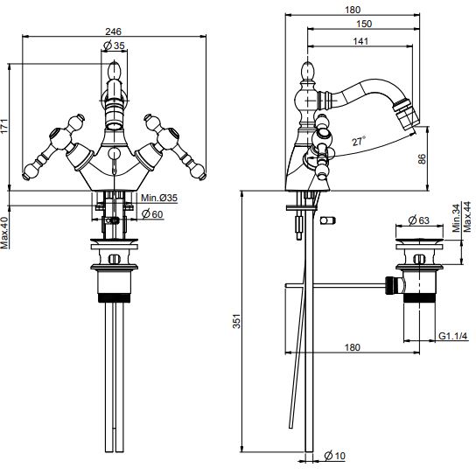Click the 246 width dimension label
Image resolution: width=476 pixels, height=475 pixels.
pos(113,31)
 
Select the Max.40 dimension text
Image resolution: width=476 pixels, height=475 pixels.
pos(4,233)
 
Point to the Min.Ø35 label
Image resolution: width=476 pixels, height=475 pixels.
pos(159,198)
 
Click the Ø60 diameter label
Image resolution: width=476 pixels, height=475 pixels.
pos(152,214)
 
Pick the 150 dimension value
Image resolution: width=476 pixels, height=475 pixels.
pos(364,24)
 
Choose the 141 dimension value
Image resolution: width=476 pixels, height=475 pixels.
pos(360,41)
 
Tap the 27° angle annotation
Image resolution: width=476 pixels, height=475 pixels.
pos(359,141)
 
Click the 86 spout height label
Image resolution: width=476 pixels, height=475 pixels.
pos(422,159)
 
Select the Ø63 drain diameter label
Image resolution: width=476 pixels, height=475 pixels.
pos(419,220)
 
